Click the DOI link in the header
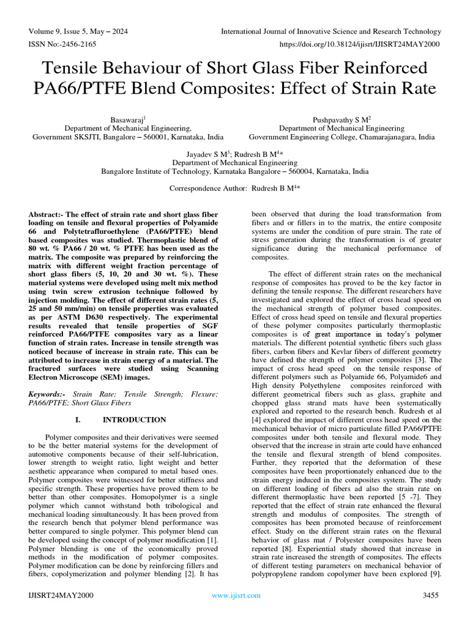point(360,45)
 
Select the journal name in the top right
point(330,31)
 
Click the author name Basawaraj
point(127,120)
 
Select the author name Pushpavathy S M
point(341,120)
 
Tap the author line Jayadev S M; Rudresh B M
point(234,154)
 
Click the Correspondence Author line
point(234,189)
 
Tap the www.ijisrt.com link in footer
point(236,595)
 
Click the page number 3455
point(431,595)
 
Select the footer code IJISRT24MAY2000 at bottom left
point(61,595)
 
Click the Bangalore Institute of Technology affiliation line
point(234,171)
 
